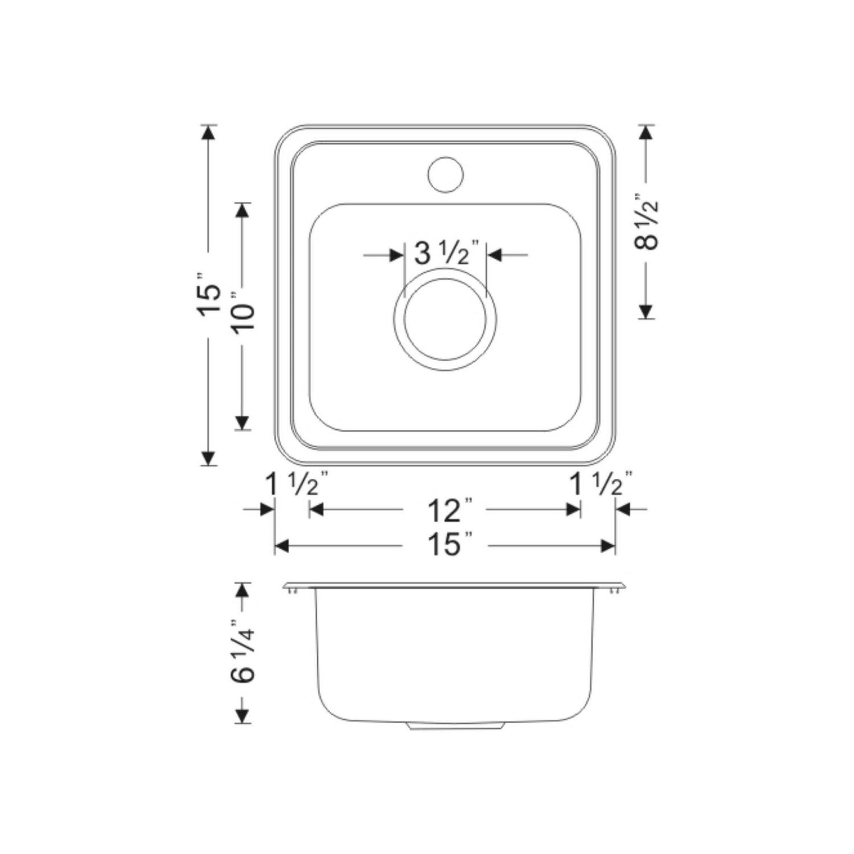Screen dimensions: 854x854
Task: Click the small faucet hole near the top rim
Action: coord(445,174)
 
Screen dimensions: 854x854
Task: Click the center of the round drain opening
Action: coord(445,319)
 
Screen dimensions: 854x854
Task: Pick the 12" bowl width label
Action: coord(445,510)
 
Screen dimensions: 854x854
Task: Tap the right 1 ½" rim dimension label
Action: coord(601,485)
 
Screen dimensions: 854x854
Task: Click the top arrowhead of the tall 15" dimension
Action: coord(209,133)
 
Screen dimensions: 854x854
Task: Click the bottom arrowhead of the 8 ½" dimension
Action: coord(646,311)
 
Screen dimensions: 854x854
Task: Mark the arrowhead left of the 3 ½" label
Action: coord(396,255)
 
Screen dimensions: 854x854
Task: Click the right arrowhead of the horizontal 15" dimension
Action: coord(608,547)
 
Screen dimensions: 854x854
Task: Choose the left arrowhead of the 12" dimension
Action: coord(316,510)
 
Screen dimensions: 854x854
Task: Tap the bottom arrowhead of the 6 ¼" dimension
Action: coord(243,716)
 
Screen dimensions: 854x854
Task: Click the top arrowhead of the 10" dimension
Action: coord(243,210)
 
